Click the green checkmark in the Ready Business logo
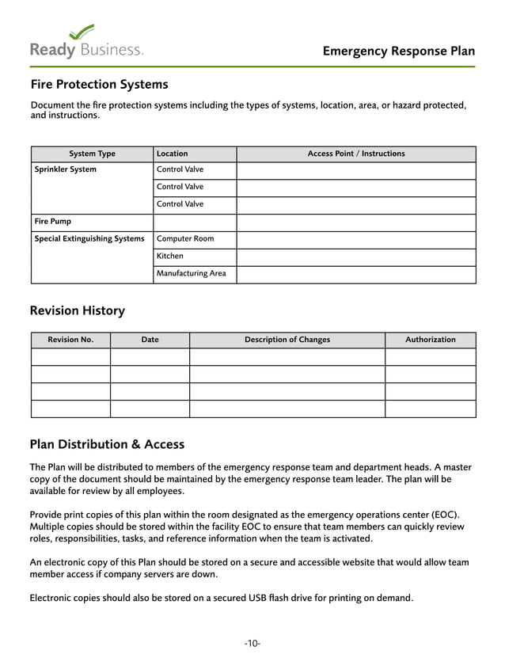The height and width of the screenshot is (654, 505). [x=82, y=32]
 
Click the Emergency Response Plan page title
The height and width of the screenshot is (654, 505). [x=399, y=51]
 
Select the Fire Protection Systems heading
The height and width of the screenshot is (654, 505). [x=99, y=85]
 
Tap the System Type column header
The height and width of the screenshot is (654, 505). [x=92, y=154]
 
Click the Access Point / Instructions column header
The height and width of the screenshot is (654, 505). [x=355, y=154]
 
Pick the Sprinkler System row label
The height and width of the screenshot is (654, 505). [x=66, y=169]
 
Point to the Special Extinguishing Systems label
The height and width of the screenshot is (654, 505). [x=89, y=239]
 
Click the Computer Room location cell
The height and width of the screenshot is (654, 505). [x=185, y=239]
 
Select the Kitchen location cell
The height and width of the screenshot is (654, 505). [x=170, y=257]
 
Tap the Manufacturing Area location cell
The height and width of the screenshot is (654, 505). [x=191, y=274]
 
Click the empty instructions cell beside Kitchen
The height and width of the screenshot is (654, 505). [x=355, y=257]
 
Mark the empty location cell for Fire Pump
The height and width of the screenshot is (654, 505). [x=194, y=222]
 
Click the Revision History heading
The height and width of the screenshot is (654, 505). [x=78, y=311]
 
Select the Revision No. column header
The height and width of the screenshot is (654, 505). [x=70, y=340]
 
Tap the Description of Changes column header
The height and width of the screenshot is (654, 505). [x=287, y=340]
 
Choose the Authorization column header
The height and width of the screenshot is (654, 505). [x=431, y=340]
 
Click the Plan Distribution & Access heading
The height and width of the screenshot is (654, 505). [x=107, y=444]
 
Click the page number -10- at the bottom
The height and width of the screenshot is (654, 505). [x=252, y=644]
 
